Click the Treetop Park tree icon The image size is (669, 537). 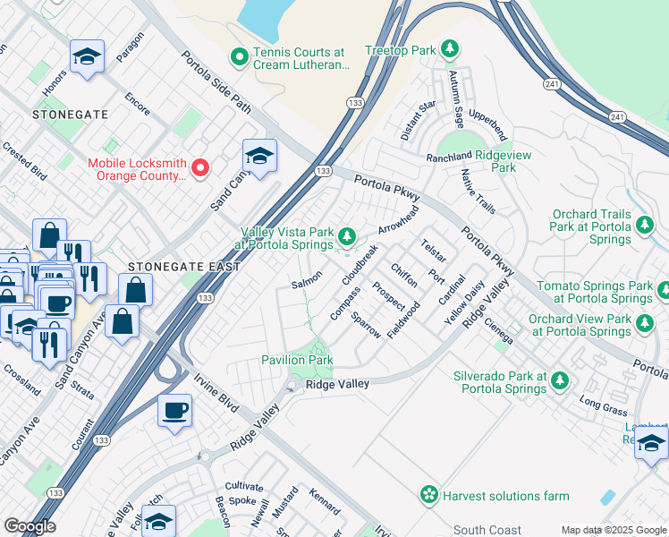(x=452, y=47)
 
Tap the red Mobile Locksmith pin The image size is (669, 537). (x=201, y=167)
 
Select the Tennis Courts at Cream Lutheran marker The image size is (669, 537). (x=239, y=57)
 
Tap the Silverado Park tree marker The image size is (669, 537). (x=560, y=380)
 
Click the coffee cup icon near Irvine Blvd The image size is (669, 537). (x=176, y=411)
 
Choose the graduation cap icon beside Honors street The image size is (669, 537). (x=87, y=57)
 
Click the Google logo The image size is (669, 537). (x=30, y=525)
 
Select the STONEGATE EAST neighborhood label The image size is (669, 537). (x=183, y=267)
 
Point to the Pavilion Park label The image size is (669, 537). (x=297, y=360)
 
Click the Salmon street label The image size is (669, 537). (x=306, y=284)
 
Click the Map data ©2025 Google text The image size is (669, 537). (x=614, y=530)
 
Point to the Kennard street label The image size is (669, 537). (x=325, y=501)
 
